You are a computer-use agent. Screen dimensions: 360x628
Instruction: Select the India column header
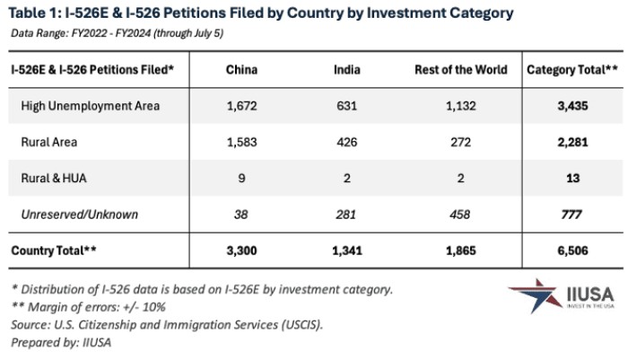[x=347, y=69]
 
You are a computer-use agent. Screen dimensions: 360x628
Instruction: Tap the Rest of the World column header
[x=460, y=69]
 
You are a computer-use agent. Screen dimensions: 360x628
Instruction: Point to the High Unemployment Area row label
[x=91, y=106]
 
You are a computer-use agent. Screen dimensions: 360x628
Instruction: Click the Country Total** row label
[x=53, y=250]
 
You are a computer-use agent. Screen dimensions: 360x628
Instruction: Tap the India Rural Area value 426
[x=347, y=142]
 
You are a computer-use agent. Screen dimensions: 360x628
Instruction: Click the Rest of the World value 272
[x=460, y=142]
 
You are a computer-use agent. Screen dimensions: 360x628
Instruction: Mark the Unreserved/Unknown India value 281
[x=347, y=215]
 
